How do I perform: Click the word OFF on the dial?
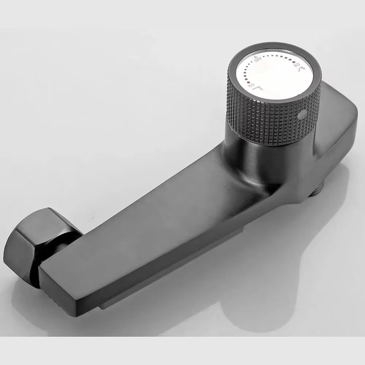(x=258, y=60)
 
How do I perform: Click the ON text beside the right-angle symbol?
(x=250, y=86)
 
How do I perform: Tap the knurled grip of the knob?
(x=263, y=113)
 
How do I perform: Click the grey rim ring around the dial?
(x=234, y=66)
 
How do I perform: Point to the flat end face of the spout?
(x=62, y=288)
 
